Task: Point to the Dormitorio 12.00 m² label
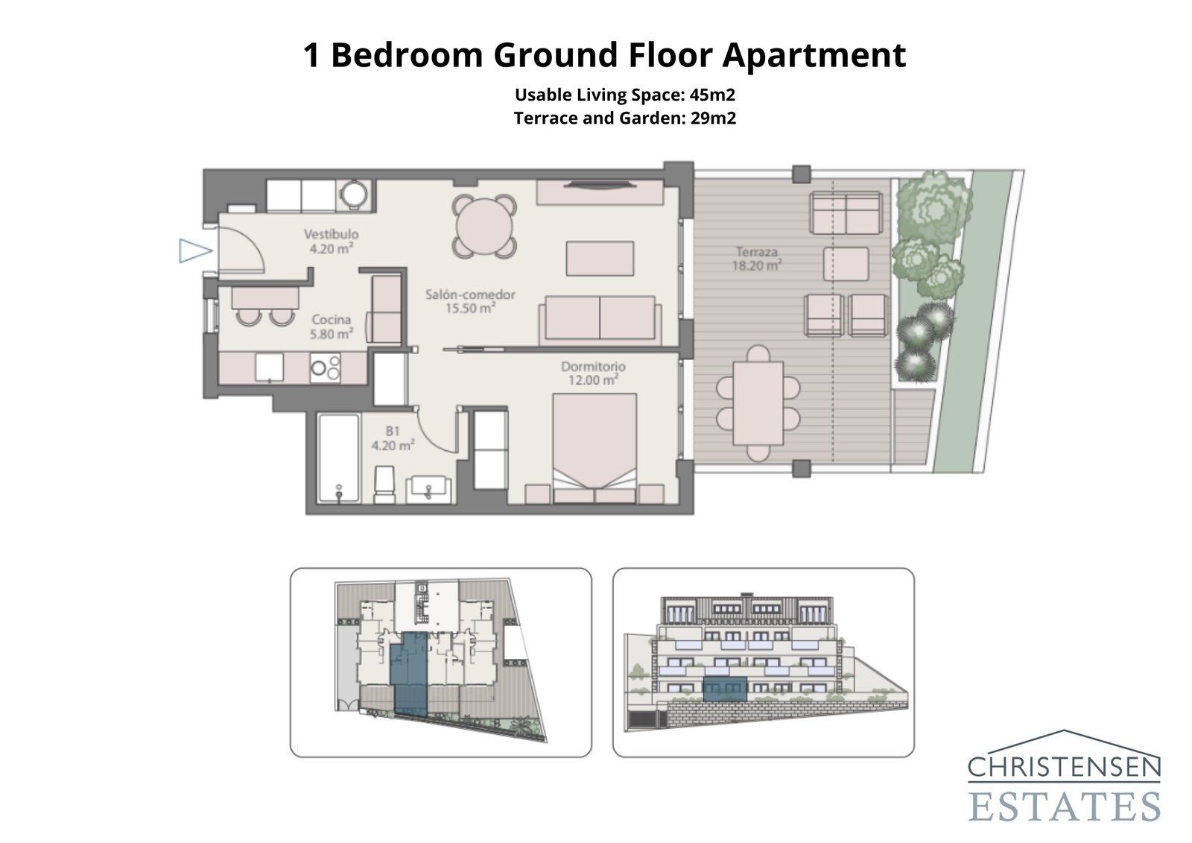pos(593,373)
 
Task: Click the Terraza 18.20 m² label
pos(756,259)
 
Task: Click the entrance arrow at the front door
pos(194,250)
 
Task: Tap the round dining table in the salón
pos(484,227)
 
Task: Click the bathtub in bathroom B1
pos(338,457)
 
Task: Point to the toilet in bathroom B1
pos(384,484)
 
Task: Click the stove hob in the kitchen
pos(325,367)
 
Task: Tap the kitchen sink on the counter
pos(269,367)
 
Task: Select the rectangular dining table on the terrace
pos(758,402)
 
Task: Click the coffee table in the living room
pos(600,259)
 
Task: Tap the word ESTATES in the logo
pos(1064,807)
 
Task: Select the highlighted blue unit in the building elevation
pos(725,689)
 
